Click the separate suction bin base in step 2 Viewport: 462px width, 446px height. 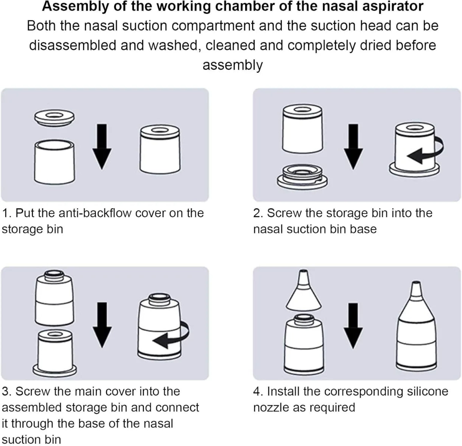[301, 178]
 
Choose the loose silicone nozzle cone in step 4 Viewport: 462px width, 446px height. [304, 289]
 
